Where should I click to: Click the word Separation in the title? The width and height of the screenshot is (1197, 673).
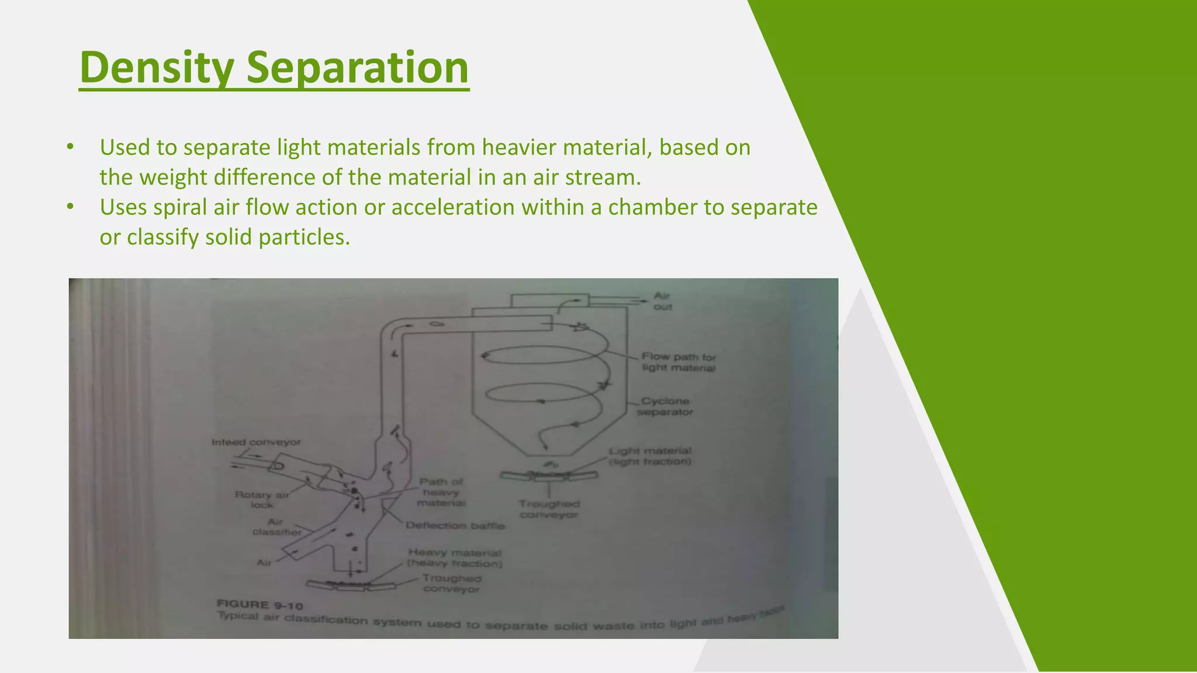coord(357,68)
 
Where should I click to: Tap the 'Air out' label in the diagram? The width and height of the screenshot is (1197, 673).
coord(662,301)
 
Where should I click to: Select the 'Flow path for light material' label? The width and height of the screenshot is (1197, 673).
coord(679,362)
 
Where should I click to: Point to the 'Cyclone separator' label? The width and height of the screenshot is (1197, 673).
coord(665,407)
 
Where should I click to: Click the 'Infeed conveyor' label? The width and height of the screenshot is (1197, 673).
coord(256,442)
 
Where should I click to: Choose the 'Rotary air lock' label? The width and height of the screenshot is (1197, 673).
coord(262,499)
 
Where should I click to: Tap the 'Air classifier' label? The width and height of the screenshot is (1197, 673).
coord(276,527)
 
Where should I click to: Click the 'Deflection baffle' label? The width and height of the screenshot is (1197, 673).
coord(455,525)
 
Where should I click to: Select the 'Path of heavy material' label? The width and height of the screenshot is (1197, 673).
coord(441,492)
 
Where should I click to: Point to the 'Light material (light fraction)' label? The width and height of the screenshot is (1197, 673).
coord(650,456)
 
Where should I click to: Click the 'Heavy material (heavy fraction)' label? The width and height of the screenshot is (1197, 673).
coord(455,558)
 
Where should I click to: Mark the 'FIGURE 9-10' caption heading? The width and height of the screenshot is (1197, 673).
coord(260,605)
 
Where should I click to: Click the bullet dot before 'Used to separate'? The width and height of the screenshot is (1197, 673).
coord(70,147)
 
